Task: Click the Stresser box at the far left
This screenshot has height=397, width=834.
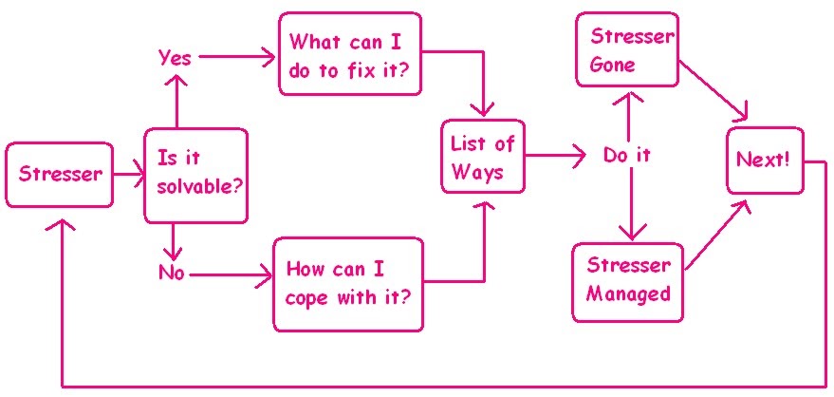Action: [61, 174]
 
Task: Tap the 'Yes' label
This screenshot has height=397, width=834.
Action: [175, 58]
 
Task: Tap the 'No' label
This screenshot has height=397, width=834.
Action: [172, 274]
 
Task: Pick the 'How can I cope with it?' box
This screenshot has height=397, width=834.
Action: [348, 284]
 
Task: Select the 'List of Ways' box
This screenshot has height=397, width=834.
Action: [482, 158]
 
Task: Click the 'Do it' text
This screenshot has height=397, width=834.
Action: [627, 155]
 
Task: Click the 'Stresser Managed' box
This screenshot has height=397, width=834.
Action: [628, 279]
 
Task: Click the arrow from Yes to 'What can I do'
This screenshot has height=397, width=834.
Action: [236, 58]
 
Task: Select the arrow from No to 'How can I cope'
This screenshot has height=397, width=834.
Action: [229, 276]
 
